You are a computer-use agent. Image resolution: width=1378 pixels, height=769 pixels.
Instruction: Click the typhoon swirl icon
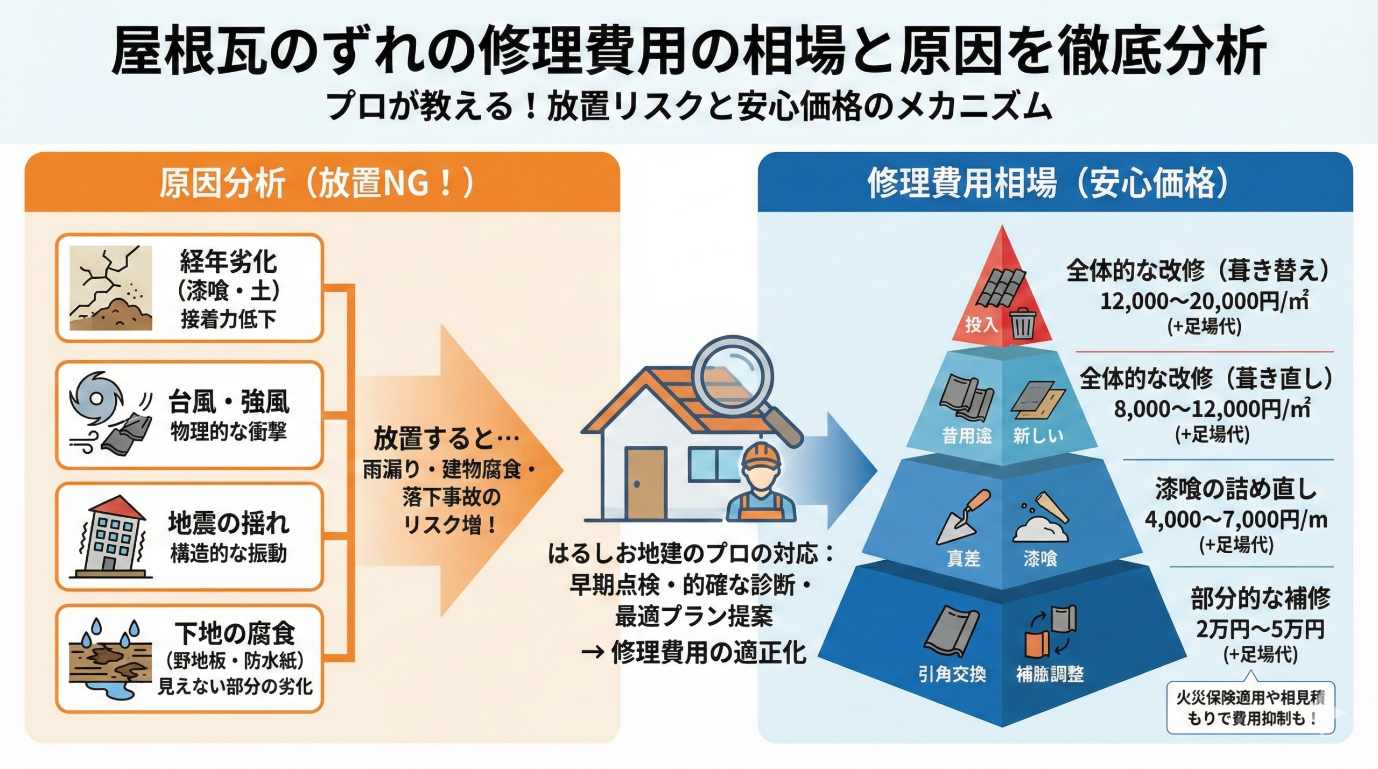pyautogui.click(x=96, y=398)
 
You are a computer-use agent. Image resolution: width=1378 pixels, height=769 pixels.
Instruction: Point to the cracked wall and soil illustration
pyautogui.click(x=110, y=288)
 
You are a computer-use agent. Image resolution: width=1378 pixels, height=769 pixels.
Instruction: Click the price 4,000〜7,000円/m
pyautogui.click(x=1236, y=519)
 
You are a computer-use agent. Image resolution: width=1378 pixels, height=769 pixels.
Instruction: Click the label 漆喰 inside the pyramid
pyautogui.click(x=1040, y=559)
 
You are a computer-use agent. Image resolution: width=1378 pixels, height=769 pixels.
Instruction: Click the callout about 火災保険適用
pyautogui.click(x=1250, y=708)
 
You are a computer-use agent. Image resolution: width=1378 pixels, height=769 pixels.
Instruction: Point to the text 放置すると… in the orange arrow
pyautogui.click(x=446, y=438)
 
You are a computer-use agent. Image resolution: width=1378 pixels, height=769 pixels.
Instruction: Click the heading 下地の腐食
pyautogui.click(x=235, y=633)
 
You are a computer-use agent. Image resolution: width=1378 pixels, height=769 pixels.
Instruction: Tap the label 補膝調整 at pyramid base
pyautogui.click(x=1050, y=674)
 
